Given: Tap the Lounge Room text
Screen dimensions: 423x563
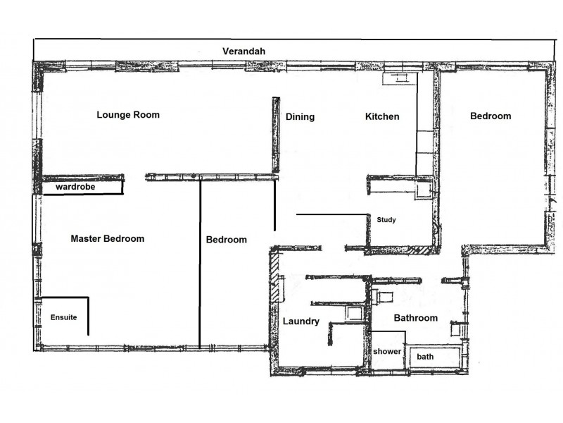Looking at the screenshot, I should (x=128, y=115).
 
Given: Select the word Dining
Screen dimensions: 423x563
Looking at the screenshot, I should (x=300, y=117).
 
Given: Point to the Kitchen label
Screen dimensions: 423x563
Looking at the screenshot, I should (x=382, y=117).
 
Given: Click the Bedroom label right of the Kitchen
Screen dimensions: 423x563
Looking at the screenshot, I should (x=491, y=116).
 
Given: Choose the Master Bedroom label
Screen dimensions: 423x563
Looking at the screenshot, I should (x=107, y=239).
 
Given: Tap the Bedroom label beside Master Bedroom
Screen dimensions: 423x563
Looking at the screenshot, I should (x=226, y=240).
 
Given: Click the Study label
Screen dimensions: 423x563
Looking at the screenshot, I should (x=386, y=220).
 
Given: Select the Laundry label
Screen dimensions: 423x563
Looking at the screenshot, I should (x=301, y=321).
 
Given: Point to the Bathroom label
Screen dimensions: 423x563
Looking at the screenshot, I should (x=415, y=318).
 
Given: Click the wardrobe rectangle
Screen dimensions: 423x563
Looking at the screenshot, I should (x=82, y=188).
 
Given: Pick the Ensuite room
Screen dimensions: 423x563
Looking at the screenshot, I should (x=63, y=317).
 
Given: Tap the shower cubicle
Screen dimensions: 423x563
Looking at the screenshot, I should (x=387, y=350).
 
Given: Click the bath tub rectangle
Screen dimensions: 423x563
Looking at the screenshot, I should (x=434, y=356).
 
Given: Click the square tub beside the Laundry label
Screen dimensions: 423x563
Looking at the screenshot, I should (x=354, y=314).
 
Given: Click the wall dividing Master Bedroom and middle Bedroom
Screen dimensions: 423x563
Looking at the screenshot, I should (x=201, y=264).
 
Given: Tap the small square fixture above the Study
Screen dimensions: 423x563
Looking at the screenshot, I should (x=424, y=189).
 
